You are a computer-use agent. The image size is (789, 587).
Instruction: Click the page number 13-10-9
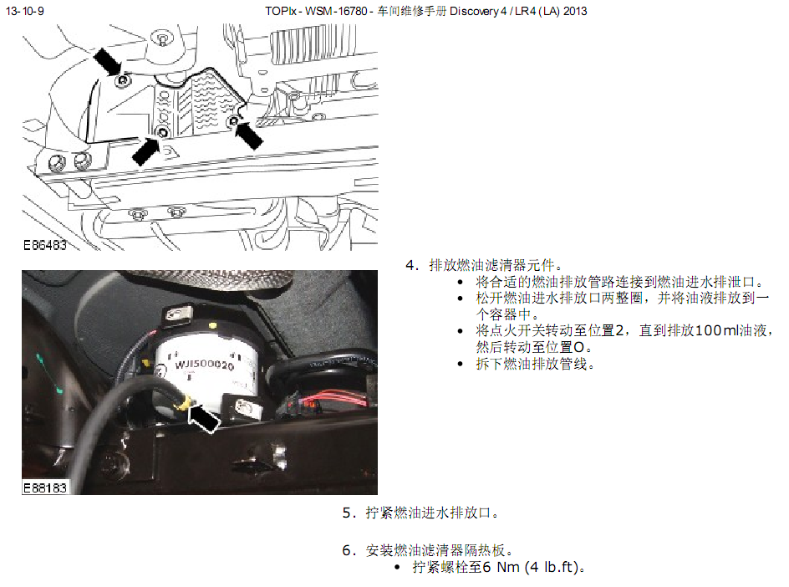tap(25, 11)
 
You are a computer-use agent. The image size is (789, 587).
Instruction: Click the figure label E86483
tap(45, 245)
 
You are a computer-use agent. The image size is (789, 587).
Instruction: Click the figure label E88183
tap(45, 487)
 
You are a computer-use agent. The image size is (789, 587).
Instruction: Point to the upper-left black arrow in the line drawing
tap(108, 61)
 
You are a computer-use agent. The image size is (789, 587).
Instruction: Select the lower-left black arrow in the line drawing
tap(146, 151)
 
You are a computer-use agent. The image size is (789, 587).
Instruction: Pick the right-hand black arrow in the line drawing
tap(249, 135)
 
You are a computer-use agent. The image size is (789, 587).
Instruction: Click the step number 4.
tap(411, 265)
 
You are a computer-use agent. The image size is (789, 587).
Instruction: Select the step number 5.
tap(349, 513)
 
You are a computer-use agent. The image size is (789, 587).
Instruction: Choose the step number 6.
tap(349, 550)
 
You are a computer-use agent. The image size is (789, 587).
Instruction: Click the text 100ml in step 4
tap(716, 330)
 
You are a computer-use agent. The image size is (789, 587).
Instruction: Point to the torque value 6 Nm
tap(501, 568)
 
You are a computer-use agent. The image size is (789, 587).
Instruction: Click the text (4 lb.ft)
tap(552, 568)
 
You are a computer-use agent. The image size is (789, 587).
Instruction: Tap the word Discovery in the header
tap(474, 11)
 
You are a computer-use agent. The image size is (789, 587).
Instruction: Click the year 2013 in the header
tap(575, 11)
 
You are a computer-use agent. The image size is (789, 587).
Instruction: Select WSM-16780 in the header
tap(336, 11)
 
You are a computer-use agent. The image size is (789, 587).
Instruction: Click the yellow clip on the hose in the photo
tap(185, 401)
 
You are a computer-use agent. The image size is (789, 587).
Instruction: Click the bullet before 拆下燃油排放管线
tap(460, 364)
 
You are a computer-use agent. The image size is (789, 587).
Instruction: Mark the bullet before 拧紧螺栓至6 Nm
tap(397, 568)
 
